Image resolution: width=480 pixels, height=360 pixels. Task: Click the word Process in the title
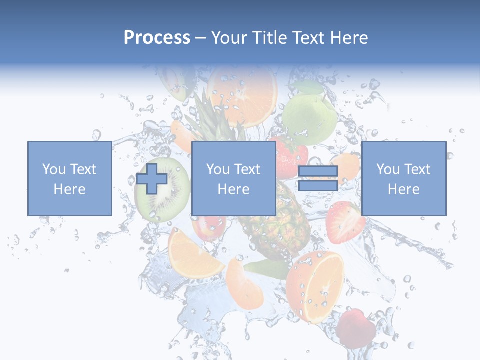(157, 38)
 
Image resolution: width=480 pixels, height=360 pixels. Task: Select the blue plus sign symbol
(152, 178)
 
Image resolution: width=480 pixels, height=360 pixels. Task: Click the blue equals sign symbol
(318, 178)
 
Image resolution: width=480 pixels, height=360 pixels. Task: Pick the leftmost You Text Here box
(69, 178)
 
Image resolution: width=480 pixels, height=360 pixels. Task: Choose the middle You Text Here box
(233, 178)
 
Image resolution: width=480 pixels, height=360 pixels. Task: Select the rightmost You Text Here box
(403, 178)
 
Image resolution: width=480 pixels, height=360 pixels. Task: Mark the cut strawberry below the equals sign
(345, 222)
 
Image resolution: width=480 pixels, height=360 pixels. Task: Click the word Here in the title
(350, 38)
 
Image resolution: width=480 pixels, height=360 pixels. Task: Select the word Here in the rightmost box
(403, 189)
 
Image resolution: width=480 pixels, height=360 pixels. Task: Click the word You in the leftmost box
(53, 169)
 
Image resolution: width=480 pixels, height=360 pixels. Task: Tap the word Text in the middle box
(247, 169)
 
